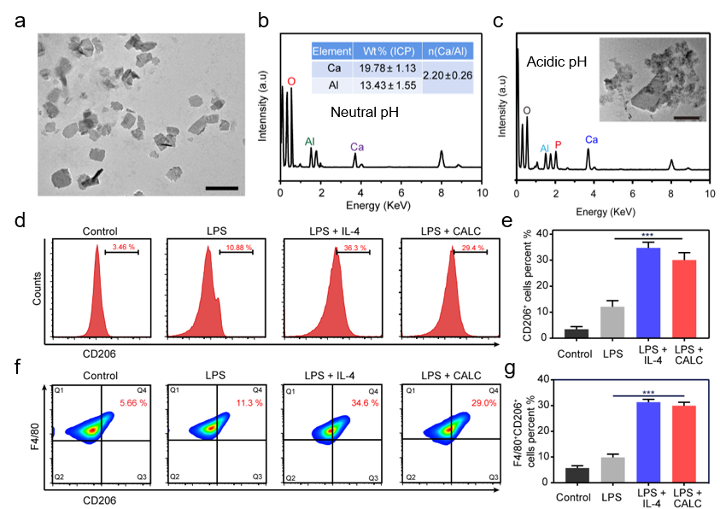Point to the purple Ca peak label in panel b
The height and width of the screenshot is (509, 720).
356,147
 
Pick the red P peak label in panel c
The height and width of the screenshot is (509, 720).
559,144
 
